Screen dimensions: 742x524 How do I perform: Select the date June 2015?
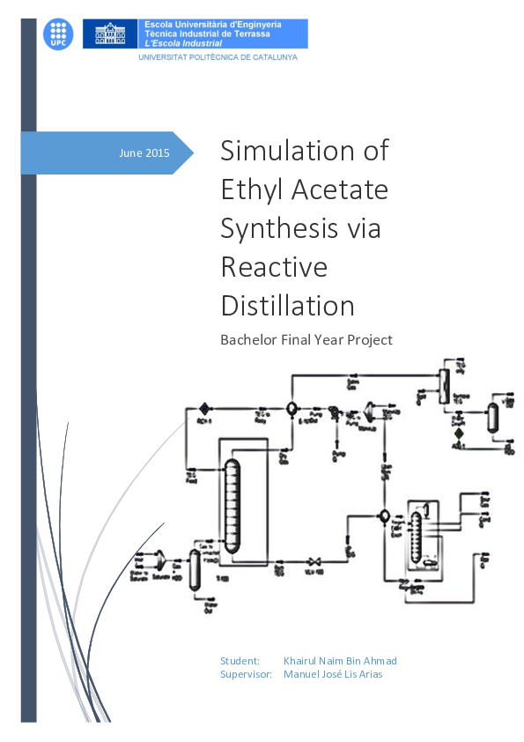[144, 153]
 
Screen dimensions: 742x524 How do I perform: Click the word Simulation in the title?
[304, 151]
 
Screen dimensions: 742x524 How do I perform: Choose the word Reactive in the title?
[273, 266]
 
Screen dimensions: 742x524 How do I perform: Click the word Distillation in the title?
[287, 305]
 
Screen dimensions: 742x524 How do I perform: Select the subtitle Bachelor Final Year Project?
[306, 339]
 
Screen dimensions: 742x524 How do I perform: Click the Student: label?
[240, 661]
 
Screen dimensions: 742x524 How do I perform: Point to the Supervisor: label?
[246, 674]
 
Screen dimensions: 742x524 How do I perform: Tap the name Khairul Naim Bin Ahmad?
[340, 661]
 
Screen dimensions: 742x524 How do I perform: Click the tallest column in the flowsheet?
[232, 508]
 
